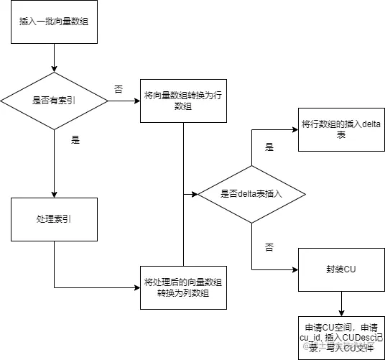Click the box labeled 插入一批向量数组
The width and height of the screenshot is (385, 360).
[x=55, y=22]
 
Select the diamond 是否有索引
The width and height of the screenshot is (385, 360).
[x=55, y=101]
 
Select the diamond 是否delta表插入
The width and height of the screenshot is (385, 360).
[x=251, y=194]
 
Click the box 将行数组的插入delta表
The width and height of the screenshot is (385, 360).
[x=341, y=129]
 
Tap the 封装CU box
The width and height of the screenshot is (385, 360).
[x=341, y=269]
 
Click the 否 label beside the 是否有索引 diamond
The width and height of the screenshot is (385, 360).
[x=119, y=89]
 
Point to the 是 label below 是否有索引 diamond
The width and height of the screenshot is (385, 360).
[x=75, y=140]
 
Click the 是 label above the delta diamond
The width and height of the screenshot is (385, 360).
[x=269, y=147]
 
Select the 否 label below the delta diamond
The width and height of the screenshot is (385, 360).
[x=269, y=246]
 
